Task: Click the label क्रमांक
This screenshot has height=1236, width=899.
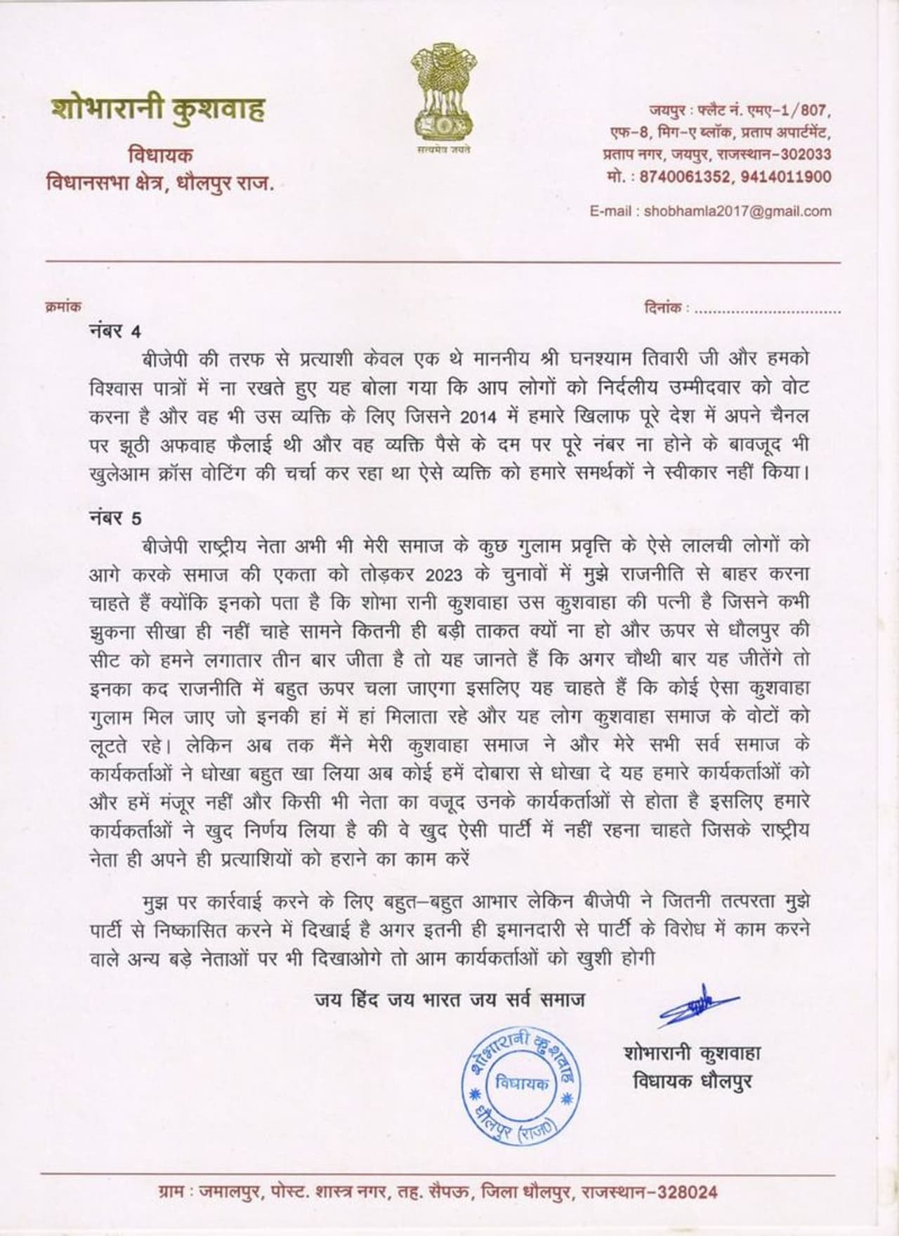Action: [63, 307]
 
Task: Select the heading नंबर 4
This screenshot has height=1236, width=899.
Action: [115, 331]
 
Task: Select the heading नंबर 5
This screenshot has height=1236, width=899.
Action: [115, 518]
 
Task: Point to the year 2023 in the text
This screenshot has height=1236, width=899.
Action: [444, 574]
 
